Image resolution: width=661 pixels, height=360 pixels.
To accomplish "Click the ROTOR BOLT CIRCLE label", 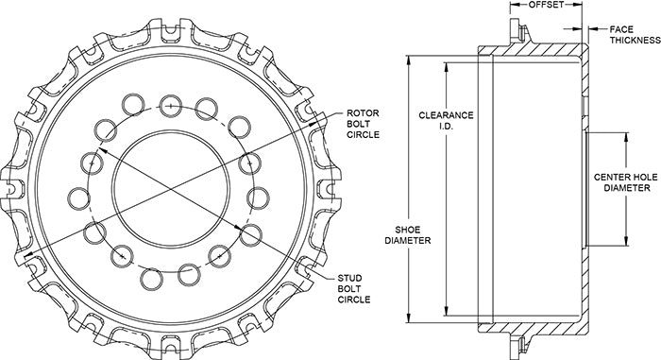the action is click(x=363, y=124).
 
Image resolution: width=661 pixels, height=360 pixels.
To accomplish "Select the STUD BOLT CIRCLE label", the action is click(x=354, y=289).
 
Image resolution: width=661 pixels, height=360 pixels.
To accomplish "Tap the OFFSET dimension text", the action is click(x=546, y=5).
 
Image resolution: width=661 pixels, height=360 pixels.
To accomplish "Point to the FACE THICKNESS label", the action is click(x=634, y=35).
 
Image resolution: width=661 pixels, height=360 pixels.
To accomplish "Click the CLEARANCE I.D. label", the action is click(x=446, y=120).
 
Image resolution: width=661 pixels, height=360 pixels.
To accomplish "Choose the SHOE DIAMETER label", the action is click(x=407, y=235).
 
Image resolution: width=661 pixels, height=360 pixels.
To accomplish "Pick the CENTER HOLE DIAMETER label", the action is click(x=626, y=182).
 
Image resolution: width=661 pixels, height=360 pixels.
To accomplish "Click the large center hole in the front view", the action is click(x=171, y=188).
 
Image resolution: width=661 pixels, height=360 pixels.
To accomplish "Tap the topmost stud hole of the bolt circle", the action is click(x=170, y=106).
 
